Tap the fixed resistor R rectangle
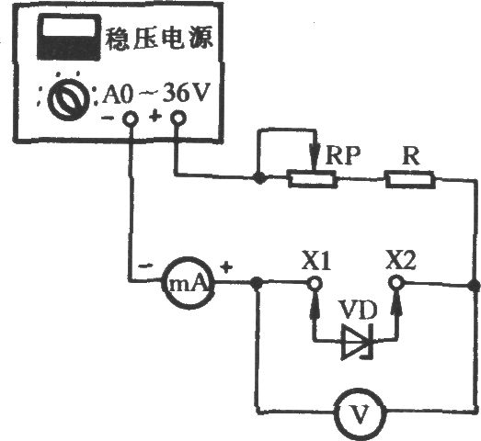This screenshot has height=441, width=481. pos(410,180)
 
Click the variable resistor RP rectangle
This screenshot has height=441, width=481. pos(313,179)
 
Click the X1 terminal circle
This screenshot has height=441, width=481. pos(315,283)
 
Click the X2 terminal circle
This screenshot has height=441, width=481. pos(396,282)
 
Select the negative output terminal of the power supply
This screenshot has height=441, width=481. pos(130,119)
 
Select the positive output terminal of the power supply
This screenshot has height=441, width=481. pos(178,118)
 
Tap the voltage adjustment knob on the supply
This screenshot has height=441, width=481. pos(69,98)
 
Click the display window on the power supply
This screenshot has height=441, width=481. pos(69,37)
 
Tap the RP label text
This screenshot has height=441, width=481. pos(343,155)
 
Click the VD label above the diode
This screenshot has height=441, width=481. pos(357,311)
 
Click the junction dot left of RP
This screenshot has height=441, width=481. pos(260,177)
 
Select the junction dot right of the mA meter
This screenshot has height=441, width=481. pos(257,283)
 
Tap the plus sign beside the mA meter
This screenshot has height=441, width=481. pos(226,267)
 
